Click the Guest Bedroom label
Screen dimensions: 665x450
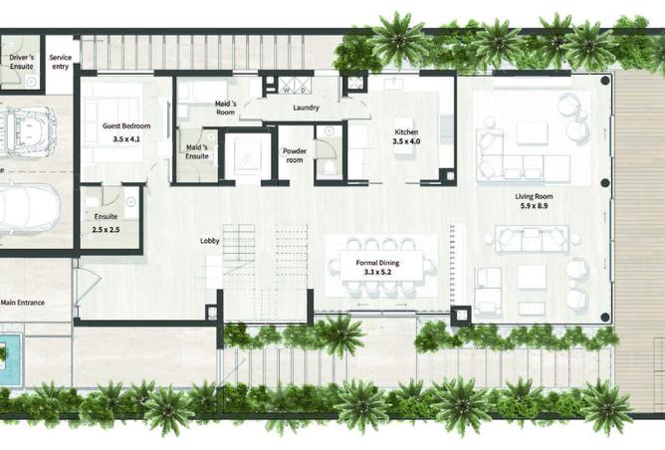[126, 126]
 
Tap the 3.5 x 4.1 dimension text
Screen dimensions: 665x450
[126, 138]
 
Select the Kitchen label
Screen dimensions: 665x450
[406, 131]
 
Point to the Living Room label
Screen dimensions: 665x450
[534, 196]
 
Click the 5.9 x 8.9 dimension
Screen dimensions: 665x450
[534, 206]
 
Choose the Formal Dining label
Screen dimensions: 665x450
[377, 263]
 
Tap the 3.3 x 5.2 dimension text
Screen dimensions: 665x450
[377, 273]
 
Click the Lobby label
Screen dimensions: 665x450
[209, 241]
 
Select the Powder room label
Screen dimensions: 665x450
[295, 155]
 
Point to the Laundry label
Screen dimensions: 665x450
[306, 108]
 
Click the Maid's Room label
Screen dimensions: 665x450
[226, 108]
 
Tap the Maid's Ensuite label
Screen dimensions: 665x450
[197, 152]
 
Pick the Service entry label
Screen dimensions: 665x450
[60, 62]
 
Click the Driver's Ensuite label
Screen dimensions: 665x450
[22, 62]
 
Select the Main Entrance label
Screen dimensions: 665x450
[23, 303]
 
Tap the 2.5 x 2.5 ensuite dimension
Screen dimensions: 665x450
[106, 230]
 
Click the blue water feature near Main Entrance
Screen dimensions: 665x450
[10, 359]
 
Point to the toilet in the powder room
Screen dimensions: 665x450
[329, 167]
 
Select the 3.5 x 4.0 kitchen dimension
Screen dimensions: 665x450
[406, 141]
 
